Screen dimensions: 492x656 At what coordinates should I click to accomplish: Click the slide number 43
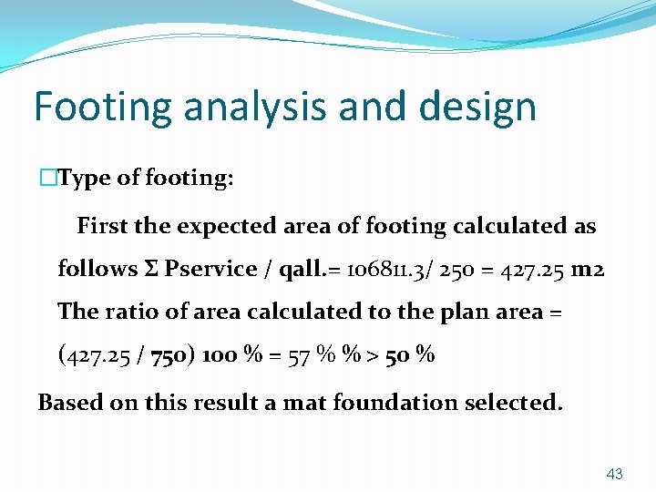click(614, 474)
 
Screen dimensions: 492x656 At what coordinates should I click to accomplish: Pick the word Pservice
click(211, 268)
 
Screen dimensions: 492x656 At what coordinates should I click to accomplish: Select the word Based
click(69, 402)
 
